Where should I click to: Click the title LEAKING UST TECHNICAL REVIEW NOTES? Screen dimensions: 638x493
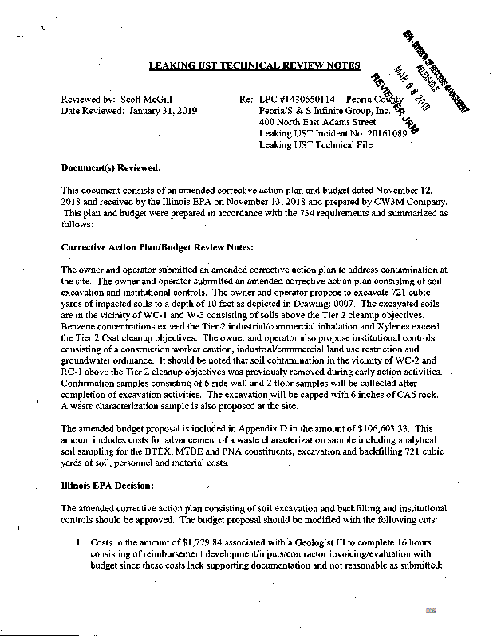pos(254,65)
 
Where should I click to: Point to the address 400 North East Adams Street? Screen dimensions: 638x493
pos(318,122)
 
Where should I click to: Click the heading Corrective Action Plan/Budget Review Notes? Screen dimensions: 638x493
pos(157,248)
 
